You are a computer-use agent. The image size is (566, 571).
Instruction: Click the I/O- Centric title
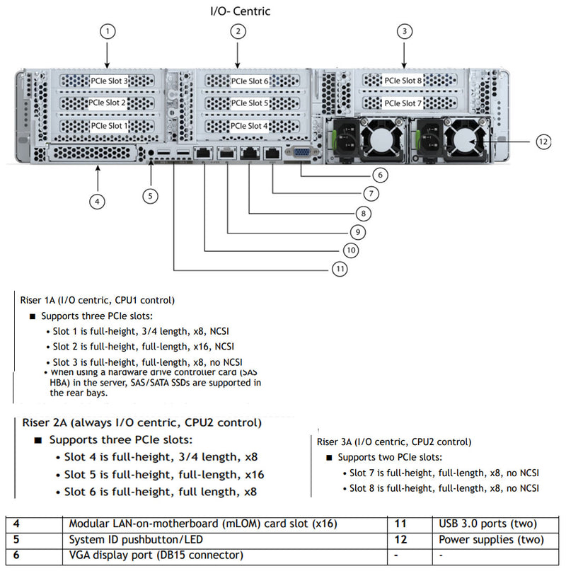point(241,11)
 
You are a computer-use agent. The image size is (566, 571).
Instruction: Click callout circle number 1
point(107,31)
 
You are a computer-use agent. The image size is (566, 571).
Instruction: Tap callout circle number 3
point(404,31)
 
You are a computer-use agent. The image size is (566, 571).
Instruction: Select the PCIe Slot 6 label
point(248,81)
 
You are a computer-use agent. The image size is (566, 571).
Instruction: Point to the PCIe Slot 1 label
point(110,126)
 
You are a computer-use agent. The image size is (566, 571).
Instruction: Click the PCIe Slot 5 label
point(248,103)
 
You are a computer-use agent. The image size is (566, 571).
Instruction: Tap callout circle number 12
point(543,142)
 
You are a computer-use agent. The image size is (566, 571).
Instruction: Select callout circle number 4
point(98,201)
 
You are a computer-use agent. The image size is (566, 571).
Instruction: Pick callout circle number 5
point(152,195)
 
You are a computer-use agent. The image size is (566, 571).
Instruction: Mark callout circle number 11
point(340,269)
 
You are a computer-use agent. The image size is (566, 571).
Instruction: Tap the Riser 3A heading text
point(394,442)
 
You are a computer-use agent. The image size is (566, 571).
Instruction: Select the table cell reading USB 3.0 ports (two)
point(487,524)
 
